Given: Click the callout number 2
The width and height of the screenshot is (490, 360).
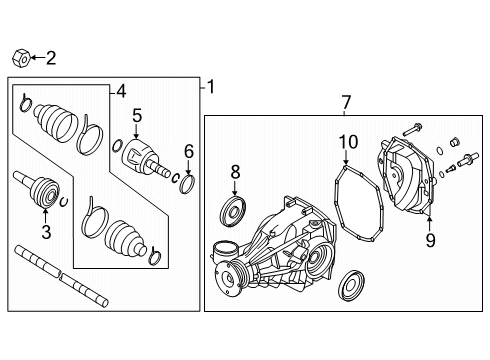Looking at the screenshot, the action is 51,58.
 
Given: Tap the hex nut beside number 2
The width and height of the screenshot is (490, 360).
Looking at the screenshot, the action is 22,59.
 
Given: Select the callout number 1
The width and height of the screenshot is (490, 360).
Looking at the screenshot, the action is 211,87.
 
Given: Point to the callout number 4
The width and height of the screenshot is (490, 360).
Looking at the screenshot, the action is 121,91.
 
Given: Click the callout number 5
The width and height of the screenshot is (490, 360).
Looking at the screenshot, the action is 137,115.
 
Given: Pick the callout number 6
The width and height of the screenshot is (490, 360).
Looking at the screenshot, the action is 189,152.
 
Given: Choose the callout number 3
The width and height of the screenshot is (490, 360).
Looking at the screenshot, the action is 46,232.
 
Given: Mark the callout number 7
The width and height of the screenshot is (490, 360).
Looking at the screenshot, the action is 346,102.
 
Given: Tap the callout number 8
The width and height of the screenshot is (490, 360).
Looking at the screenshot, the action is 235,172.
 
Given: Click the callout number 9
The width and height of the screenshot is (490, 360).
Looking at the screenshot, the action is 430,240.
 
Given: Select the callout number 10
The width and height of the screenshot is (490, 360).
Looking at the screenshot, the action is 348,142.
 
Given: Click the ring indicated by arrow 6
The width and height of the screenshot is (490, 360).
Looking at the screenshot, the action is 187,184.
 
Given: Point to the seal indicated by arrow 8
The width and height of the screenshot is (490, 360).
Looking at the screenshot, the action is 233,212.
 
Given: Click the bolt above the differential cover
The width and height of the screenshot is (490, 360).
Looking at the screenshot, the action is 412,130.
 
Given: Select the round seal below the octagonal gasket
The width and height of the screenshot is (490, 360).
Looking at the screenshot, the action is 351,286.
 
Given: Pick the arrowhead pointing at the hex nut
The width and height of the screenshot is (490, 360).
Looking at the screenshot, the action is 34,58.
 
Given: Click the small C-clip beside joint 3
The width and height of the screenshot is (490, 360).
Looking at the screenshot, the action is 64,202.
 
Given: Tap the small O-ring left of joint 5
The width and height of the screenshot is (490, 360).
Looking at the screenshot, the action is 117,146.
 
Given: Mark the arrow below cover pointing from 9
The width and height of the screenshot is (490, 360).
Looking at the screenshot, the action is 429,225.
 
